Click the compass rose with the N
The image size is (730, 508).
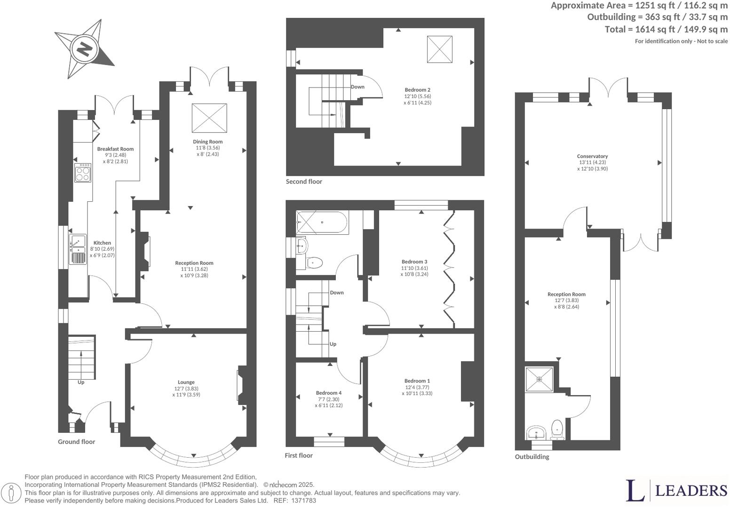click(x=85, y=48)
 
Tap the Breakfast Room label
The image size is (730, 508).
click(x=115, y=149)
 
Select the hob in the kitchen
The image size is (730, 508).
click(x=83, y=172)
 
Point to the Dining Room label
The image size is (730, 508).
click(x=207, y=142)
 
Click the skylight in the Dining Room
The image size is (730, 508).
click(x=209, y=118)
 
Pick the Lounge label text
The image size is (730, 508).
click(x=186, y=382)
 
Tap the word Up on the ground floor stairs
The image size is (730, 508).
click(x=81, y=382)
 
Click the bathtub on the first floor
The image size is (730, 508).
click(x=322, y=222)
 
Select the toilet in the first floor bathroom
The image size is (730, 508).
click(x=314, y=262)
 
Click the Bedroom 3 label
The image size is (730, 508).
click(x=414, y=262)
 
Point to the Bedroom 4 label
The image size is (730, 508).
click(x=329, y=393)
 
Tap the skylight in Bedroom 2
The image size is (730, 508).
click(x=439, y=49)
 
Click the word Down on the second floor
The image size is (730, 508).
click(x=357, y=87)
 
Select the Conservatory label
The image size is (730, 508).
click(x=592, y=156)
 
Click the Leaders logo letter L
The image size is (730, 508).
click(x=635, y=491)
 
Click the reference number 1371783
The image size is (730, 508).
click(x=304, y=501)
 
